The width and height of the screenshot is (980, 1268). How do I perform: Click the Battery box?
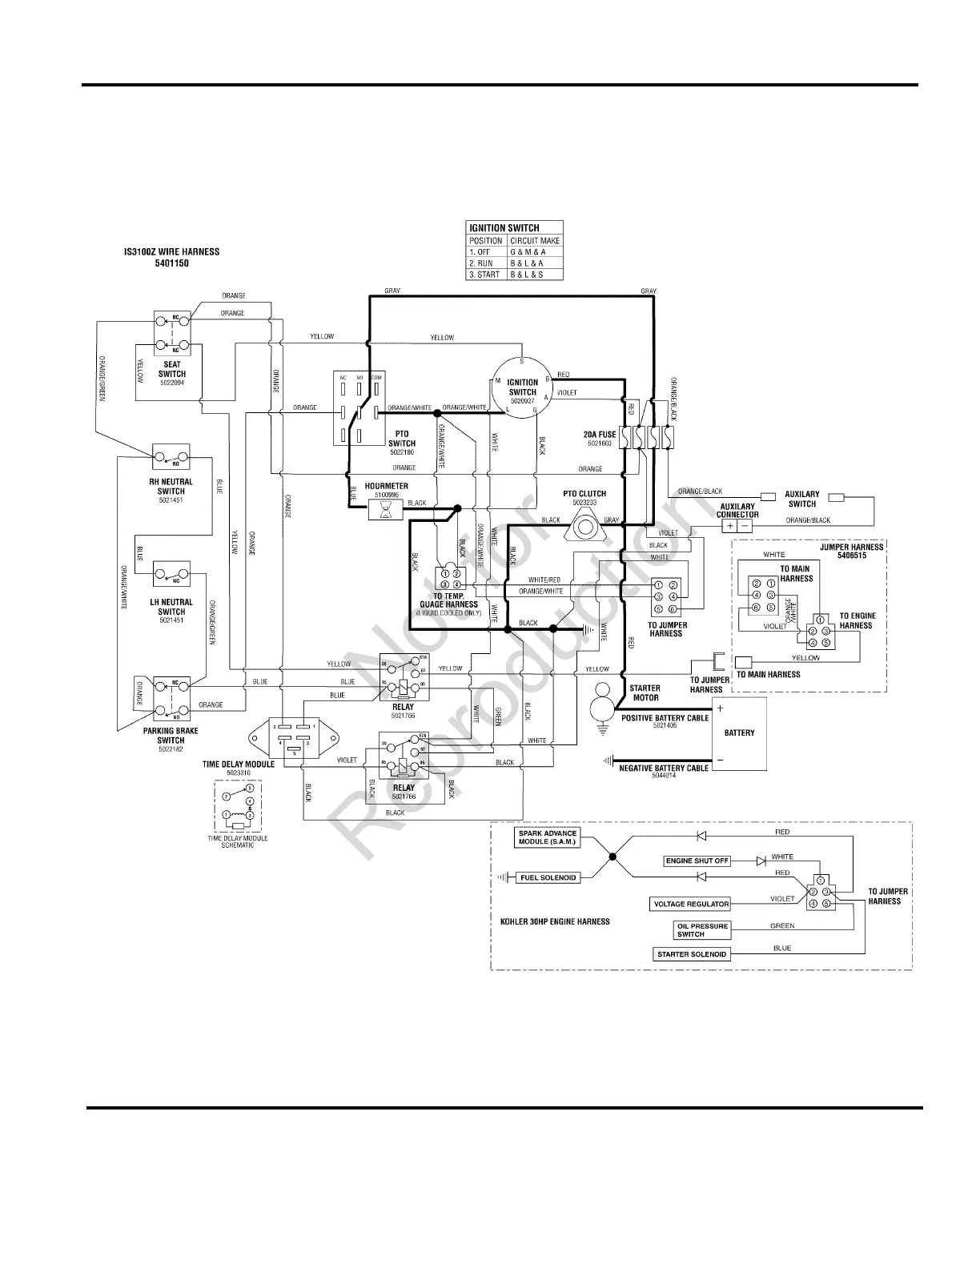[739, 733]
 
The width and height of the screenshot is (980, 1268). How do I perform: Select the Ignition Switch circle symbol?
[522, 387]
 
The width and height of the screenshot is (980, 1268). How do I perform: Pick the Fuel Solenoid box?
[548, 878]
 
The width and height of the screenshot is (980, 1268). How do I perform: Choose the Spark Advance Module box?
[547, 838]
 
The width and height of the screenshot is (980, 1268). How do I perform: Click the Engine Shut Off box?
[697, 861]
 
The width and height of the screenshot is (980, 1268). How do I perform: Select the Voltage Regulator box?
[691, 905]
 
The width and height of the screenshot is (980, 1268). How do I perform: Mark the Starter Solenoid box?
[692, 954]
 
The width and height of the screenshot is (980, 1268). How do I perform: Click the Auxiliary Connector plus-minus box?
[737, 526]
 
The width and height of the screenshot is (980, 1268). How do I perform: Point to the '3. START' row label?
[485, 275]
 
